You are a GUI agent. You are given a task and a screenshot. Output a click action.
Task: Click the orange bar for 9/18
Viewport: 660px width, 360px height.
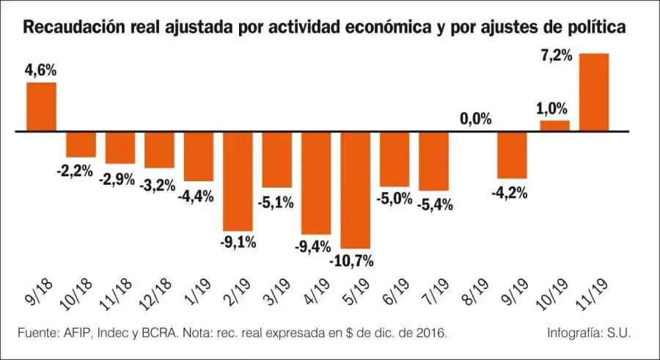(x=42, y=107)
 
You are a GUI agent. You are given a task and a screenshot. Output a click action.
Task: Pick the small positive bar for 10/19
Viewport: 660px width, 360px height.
(x=554, y=126)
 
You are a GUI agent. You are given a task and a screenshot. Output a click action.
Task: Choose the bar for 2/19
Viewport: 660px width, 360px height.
(x=238, y=182)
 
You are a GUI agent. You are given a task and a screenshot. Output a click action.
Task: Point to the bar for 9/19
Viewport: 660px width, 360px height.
(x=512, y=155)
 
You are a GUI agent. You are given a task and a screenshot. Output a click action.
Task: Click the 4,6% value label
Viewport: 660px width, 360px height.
(x=41, y=71)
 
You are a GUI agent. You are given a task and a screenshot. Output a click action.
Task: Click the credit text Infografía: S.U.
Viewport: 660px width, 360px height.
(x=589, y=334)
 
